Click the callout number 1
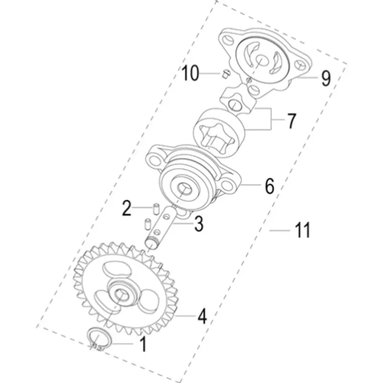[x=143, y=344]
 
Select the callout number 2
[x=127, y=208]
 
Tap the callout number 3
[x=199, y=224]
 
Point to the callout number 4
[x=202, y=316]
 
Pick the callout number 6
[x=270, y=186]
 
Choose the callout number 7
[x=291, y=121]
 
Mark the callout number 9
[x=326, y=78]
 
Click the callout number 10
[x=190, y=73]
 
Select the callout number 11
[x=303, y=230]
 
